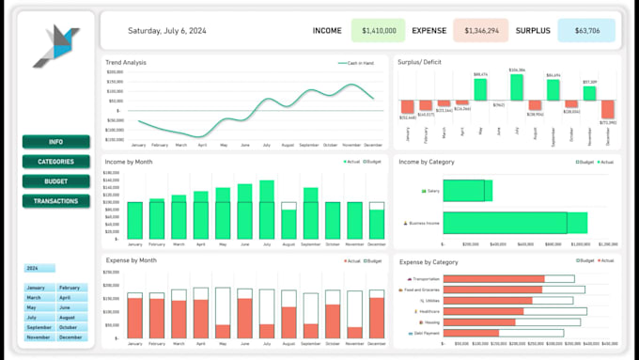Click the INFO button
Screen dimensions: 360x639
pos(56,142)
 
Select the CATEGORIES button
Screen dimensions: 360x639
pos(56,162)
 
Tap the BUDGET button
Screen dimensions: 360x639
pos(56,181)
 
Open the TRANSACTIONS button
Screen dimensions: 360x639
pos(56,201)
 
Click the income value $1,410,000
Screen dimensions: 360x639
pos(378,31)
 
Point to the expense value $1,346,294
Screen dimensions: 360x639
pos(480,31)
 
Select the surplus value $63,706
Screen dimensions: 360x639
pos(585,31)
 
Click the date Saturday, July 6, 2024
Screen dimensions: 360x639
pos(166,31)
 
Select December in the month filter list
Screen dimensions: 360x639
pos(71,337)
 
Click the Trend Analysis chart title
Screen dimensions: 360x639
pos(126,62)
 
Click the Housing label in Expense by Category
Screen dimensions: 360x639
pos(427,321)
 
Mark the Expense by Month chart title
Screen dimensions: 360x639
pos(131,259)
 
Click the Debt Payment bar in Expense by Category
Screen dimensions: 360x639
pos(471,333)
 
